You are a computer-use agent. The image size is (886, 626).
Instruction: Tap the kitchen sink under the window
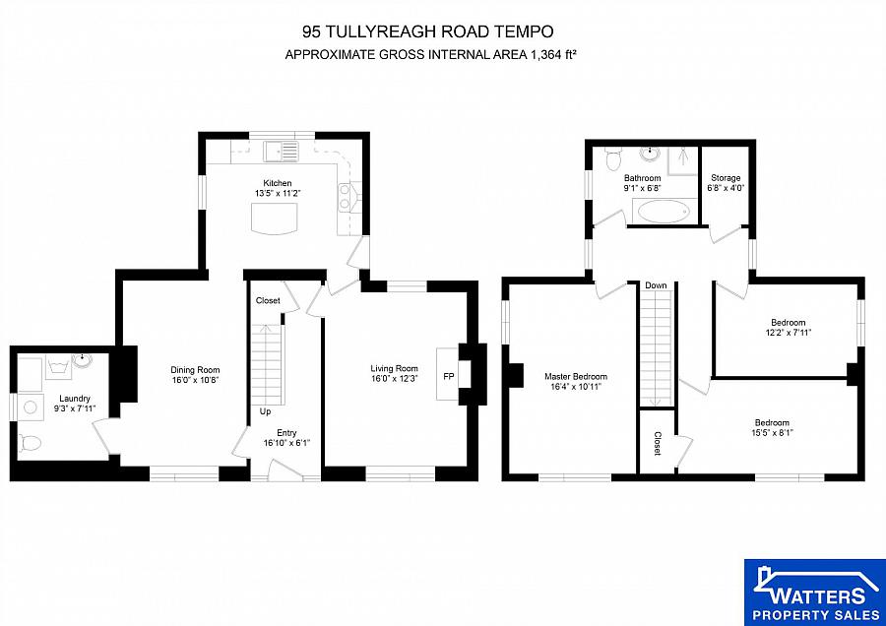tap(282, 152)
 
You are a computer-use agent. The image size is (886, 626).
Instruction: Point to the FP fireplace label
tap(449, 377)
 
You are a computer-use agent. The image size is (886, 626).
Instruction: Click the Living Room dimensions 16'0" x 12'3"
tap(394, 379)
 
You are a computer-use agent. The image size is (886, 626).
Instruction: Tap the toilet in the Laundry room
tap(30, 443)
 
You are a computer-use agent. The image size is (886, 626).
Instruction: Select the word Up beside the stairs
tap(265, 411)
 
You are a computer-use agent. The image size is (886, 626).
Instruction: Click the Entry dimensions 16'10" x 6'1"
tap(286, 443)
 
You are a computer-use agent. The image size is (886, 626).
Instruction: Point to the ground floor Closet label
tap(267, 300)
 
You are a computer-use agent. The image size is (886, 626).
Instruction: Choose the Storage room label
tap(726, 178)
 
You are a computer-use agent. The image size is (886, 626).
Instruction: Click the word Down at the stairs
tap(656, 285)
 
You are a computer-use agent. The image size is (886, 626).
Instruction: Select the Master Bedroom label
tap(576, 376)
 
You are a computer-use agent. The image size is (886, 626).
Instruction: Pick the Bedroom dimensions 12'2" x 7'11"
tap(788, 332)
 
